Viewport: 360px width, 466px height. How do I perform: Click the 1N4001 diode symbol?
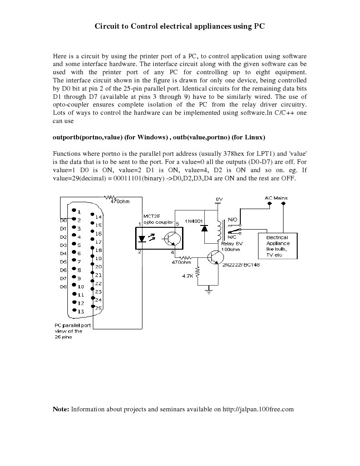pos(204,227)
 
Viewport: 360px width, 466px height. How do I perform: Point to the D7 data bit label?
pos(63,278)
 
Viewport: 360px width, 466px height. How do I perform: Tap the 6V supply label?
pos(218,200)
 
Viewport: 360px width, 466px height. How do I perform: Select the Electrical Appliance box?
pos(277,246)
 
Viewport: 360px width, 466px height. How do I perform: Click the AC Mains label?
pos(276,198)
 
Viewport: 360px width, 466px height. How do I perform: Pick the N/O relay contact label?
pos(232,220)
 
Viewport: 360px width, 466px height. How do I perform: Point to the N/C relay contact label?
pos(232,237)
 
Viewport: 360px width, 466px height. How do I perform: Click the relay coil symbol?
pos(221,230)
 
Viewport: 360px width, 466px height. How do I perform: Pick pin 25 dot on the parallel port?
pos(92,307)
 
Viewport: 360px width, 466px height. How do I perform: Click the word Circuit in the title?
pos(106,26)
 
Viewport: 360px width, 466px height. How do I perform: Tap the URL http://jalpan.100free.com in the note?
pos(259,409)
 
